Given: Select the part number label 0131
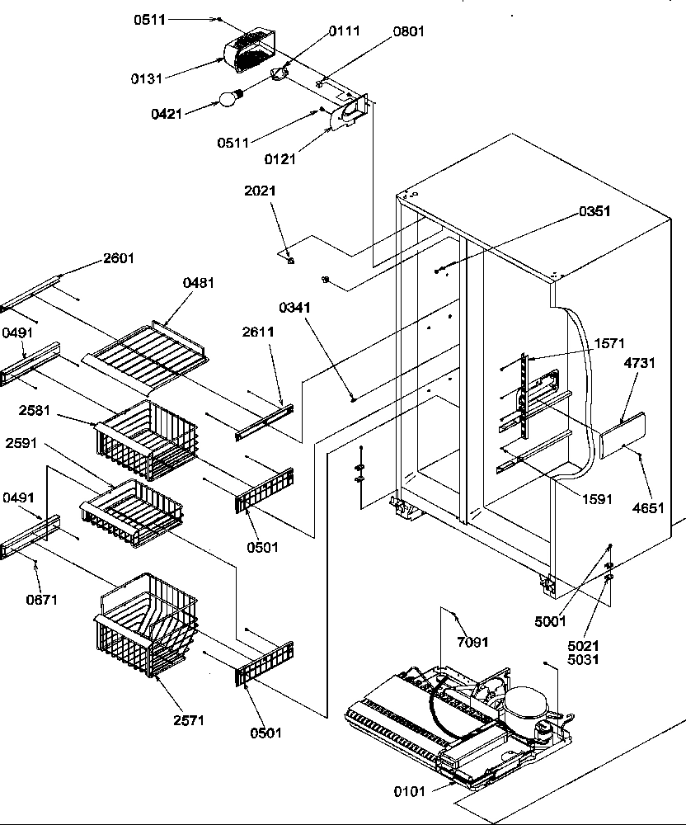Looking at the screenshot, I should (146, 78).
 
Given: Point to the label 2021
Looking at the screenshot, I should (260, 191).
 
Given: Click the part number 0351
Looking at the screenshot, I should (594, 211).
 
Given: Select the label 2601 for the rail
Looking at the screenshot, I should (119, 258).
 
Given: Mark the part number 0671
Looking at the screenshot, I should (41, 600).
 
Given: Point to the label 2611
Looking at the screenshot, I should (258, 332).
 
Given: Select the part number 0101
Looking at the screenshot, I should (410, 792).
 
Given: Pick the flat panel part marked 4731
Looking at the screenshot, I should (622, 436).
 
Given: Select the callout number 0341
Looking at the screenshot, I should (295, 308).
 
